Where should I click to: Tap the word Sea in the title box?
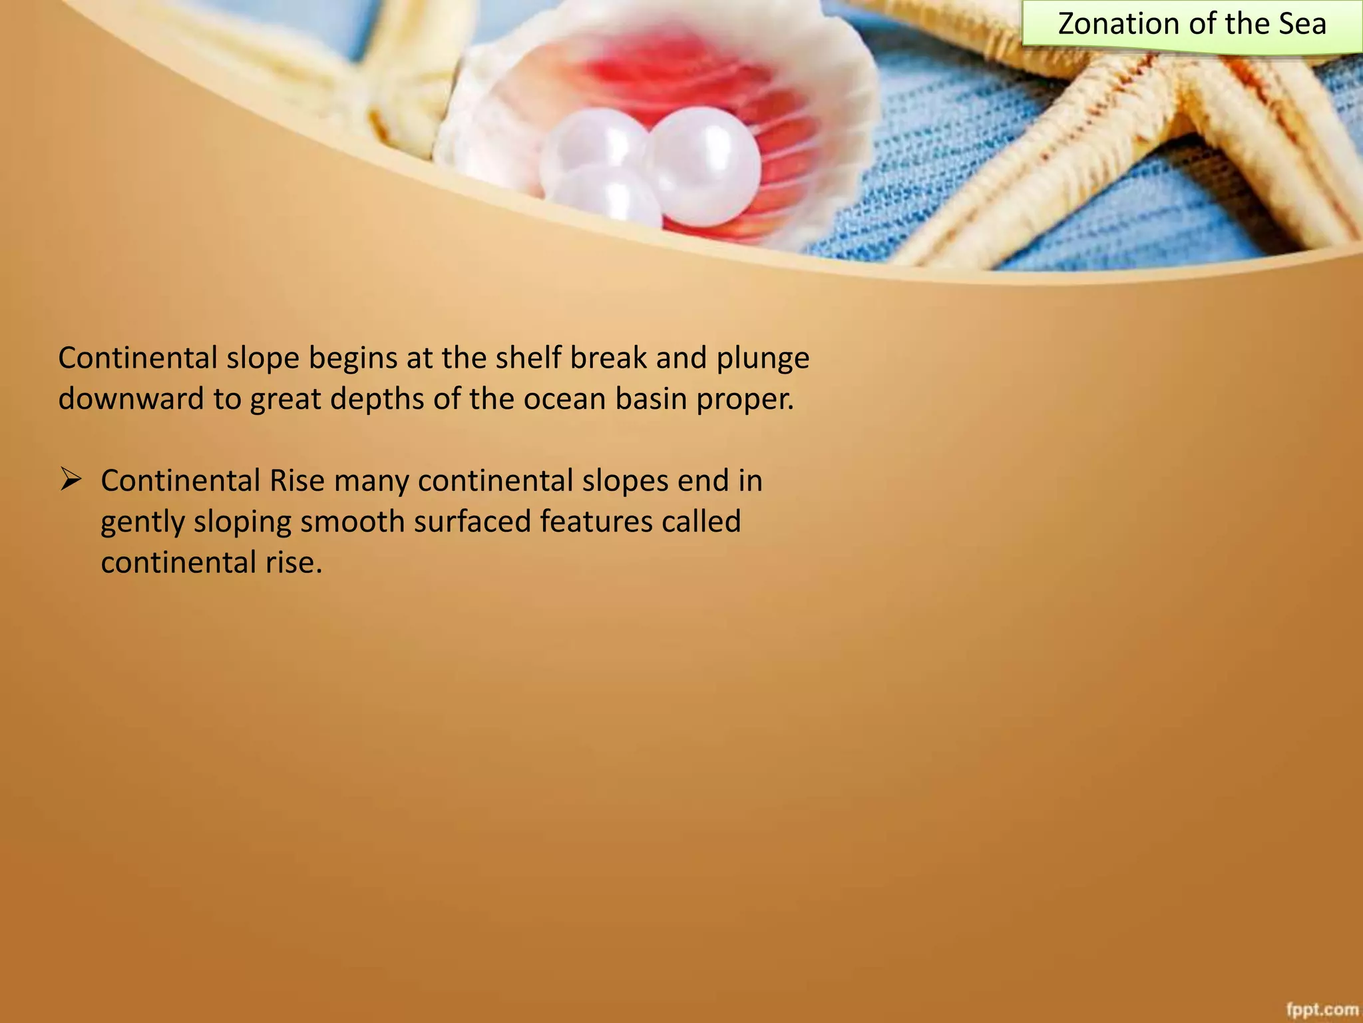tap(1300, 24)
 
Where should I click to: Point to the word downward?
tap(131, 399)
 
